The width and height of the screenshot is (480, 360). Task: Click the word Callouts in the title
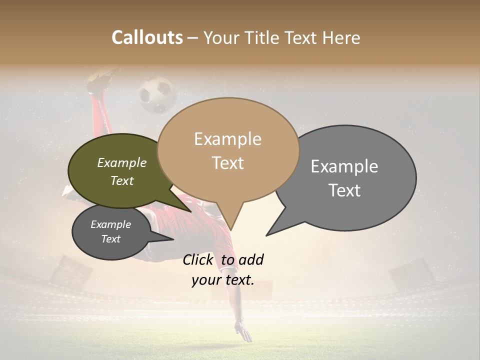tap(147, 37)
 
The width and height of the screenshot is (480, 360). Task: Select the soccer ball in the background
tap(156, 94)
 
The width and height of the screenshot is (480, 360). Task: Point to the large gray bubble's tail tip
tap(267, 235)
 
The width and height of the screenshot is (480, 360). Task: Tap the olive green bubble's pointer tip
tap(190, 211)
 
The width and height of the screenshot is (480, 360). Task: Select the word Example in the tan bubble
tap(227, 139)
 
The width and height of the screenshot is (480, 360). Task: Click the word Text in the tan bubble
tap(227, 163)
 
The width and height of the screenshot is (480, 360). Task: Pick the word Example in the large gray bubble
tap(344, 166)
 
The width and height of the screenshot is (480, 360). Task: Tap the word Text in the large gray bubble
tap(344, 190)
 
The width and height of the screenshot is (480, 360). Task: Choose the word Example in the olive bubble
tap(121, 163)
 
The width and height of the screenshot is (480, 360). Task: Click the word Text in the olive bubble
tap(121, 180)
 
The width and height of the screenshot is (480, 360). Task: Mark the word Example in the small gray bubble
tap(110, 224)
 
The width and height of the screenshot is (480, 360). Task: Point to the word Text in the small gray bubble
tap(110, 239)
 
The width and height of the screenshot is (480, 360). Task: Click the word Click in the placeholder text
tap(197, 260)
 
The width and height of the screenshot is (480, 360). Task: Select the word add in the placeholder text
tap(251, 260)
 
